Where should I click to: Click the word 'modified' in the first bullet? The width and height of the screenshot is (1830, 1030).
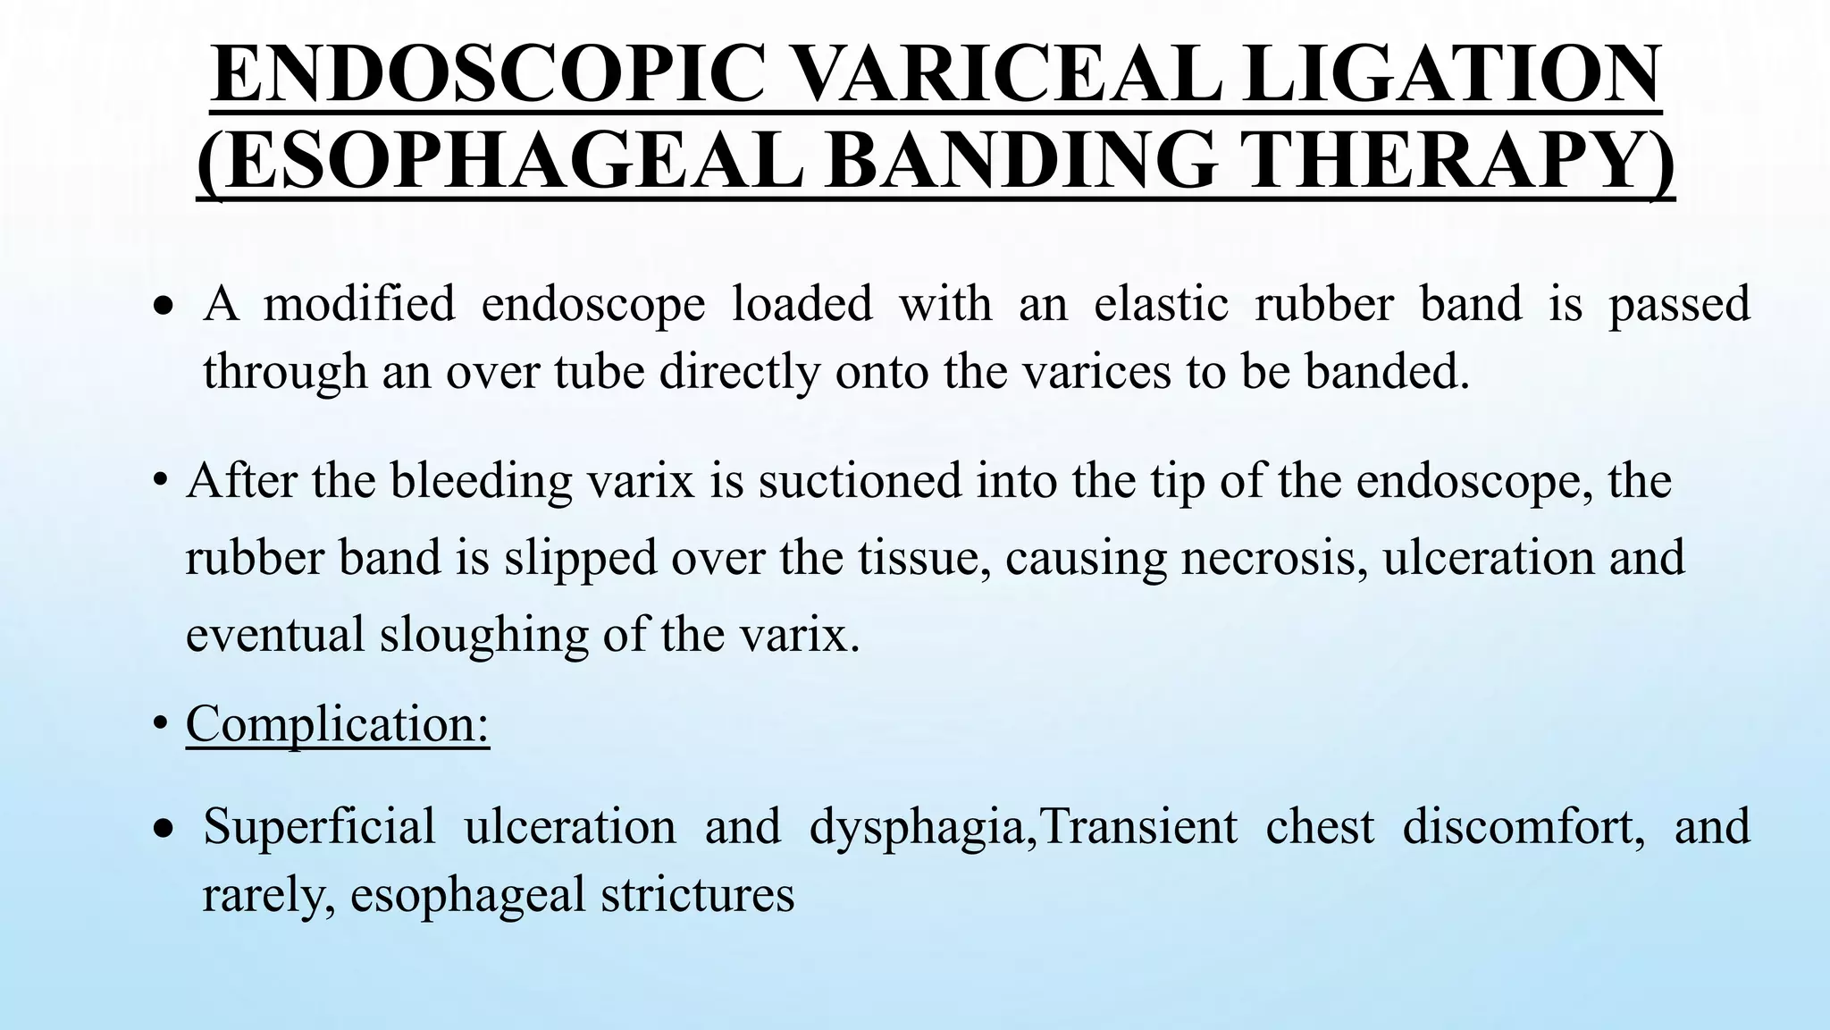359,304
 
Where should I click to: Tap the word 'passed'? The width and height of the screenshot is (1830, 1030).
1679,304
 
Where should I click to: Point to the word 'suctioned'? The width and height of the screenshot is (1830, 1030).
860,481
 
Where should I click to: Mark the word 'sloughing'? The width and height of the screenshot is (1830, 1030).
483,635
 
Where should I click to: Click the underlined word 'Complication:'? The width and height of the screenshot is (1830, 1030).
338,723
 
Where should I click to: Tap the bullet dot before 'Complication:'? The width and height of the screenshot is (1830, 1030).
160,723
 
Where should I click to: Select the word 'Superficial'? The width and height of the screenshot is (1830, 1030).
319,825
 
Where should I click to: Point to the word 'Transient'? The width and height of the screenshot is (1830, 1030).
1140,825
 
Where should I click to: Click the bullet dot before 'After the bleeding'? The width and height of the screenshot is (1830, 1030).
160,481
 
